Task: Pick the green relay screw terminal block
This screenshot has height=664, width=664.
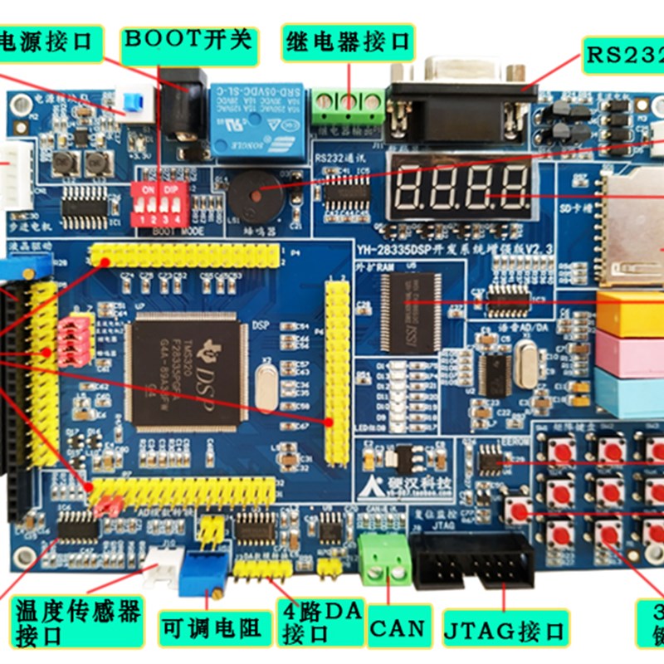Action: [x=348, y=104]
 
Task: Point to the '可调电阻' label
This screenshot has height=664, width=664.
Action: [x=212, y=628]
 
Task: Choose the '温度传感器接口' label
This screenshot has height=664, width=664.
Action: [x=76, y=622]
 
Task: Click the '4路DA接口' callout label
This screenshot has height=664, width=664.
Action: [x=320, y=622]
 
